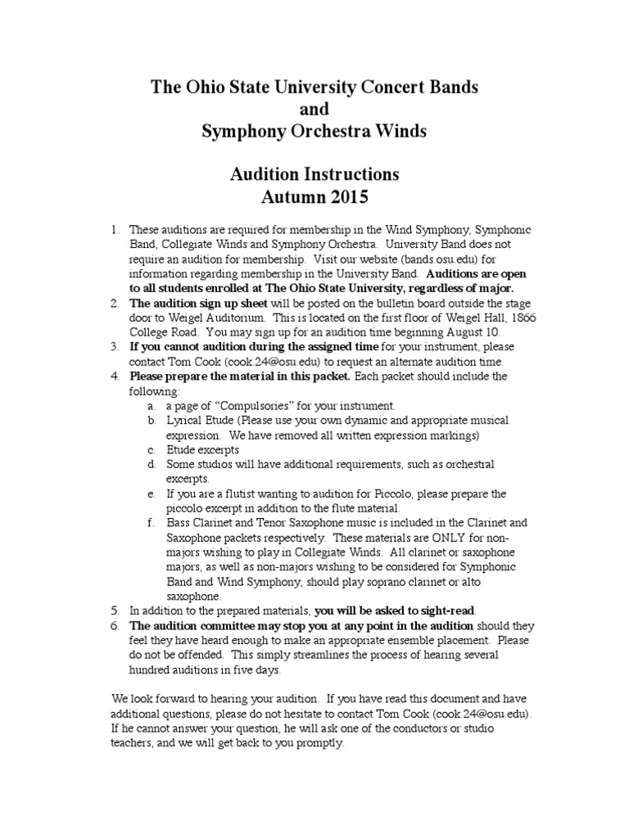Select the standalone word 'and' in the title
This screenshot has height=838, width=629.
click(x=314, y=109)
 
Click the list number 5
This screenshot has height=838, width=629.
click(x=115, y=610)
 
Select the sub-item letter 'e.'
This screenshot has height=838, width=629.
click(x=152, y=494)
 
